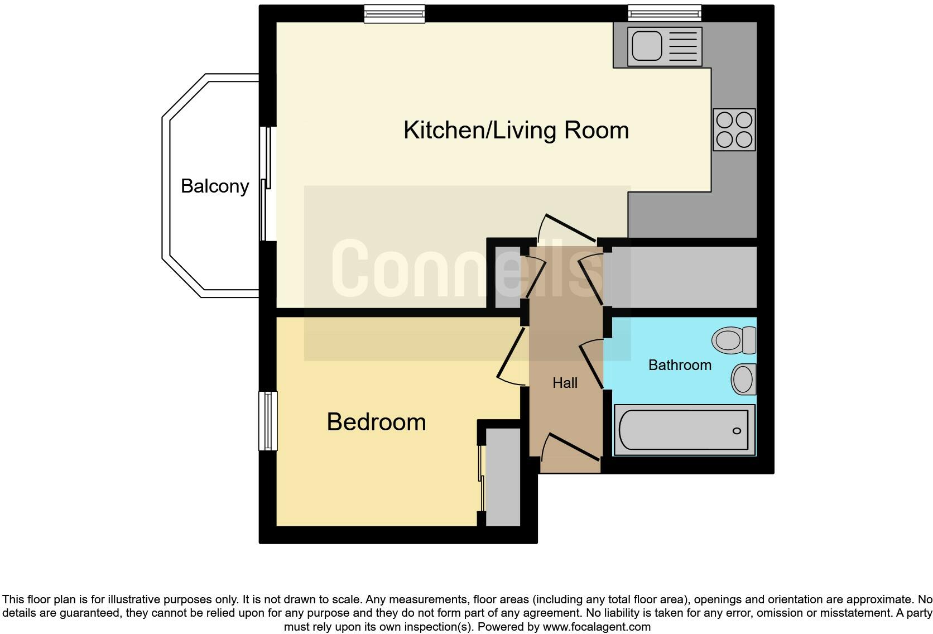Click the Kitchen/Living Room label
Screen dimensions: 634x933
(516, 130)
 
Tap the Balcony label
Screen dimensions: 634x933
(215, 186)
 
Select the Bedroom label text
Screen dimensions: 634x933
(376, 422)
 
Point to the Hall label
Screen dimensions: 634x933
(565, 383)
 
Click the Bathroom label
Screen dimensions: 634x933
(680, 365)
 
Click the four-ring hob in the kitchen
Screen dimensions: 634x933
(734, 129)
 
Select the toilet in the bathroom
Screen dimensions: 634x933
(733, 340)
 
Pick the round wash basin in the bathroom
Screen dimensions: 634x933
(743, 380)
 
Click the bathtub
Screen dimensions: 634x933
(684, 430)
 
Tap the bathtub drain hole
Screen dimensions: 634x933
(737, 430)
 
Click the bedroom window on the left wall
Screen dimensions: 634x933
(268, 421)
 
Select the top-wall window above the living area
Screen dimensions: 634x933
(395, 14)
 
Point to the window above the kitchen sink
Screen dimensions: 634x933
(664, 13)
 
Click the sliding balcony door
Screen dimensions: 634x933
(266, 184)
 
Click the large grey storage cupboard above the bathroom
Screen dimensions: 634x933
(684, 277)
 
